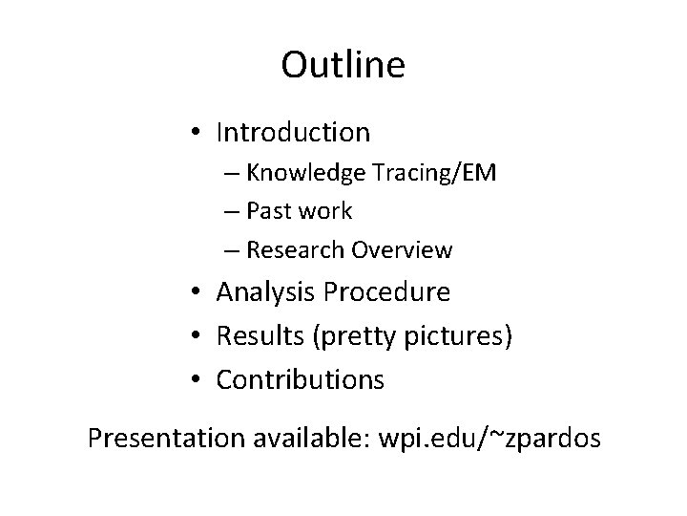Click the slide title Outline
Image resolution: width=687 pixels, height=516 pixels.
[343, 65]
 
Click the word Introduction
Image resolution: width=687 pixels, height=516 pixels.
[293, 131]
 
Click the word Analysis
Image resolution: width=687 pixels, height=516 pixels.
[266, 291]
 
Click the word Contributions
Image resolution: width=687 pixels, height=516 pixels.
[301, 380]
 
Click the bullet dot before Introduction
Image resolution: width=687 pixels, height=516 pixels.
[195, 132]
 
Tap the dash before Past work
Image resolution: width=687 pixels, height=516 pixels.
[234, 211]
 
